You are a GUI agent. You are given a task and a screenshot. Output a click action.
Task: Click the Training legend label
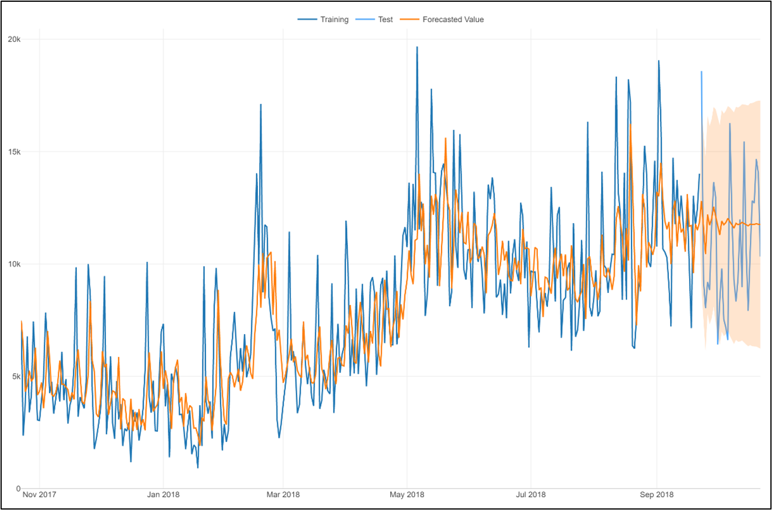(334, 20)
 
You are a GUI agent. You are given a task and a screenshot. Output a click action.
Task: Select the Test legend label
(385, 20)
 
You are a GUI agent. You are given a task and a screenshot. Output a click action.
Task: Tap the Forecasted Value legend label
(453, 20)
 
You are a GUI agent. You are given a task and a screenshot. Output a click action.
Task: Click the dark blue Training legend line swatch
(307, 20)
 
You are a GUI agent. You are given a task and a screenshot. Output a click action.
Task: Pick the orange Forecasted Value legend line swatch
(409, 20)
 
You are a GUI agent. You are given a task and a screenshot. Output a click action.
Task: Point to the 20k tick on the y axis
(14, 39)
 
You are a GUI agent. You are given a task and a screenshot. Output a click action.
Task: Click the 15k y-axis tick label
(14, 152)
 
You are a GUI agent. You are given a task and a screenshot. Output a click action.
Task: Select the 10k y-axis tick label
(14, 264)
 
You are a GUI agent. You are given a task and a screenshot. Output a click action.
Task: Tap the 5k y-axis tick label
(15, 376)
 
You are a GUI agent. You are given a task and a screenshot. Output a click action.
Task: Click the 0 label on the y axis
(18, 489)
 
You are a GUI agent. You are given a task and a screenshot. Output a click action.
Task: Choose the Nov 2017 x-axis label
(39, 494)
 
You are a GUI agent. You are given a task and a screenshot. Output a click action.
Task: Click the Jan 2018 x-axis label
(163, 494)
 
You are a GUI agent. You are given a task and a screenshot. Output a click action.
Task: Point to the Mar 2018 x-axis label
(283, 494)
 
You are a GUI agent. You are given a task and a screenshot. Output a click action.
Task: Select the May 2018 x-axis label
(407, 494)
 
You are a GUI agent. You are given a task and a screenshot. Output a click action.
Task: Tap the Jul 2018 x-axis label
(530, 494)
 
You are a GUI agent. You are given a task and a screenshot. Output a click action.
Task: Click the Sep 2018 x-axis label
(656, 494)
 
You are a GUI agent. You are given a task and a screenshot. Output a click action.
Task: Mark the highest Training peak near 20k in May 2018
(417, 47)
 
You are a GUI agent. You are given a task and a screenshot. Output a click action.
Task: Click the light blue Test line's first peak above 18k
(702, 72)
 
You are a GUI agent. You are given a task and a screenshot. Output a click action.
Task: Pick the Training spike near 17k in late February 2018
(261, 104)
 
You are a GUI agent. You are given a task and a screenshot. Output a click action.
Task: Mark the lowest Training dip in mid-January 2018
(198, 467)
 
